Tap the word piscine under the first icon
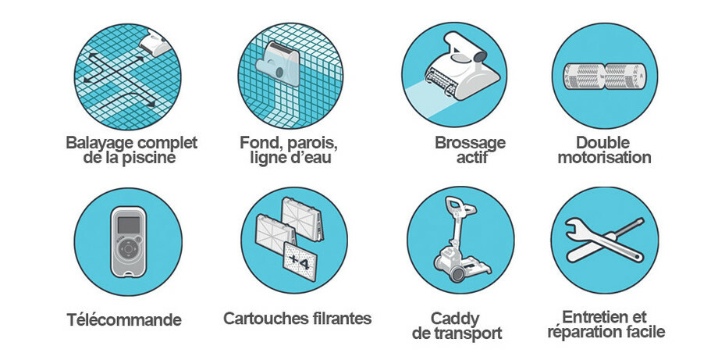coord(149,158)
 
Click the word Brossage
coord(471,143)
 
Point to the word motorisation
coord(604,158)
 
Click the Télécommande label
coord(124,319)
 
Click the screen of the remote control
coord(129,225)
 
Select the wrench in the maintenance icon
coord(591,239)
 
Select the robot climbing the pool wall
coord(278,64)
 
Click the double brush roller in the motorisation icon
coord(604,76)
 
